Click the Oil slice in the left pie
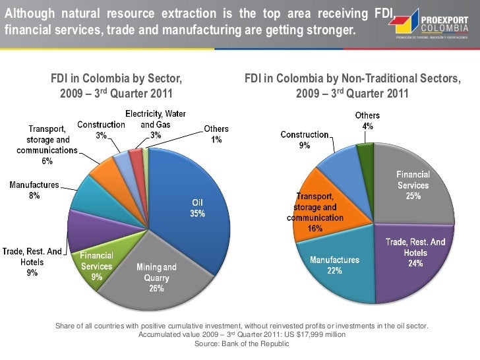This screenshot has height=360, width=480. pyautogui.click(x=191, y=198)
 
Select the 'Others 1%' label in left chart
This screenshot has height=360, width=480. pyautogui.click(x=216, y=135)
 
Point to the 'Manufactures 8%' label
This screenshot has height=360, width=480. pyautogui.click(x=34, y=191)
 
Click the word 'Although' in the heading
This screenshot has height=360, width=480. pyautogui.click(x=28, y=13)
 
